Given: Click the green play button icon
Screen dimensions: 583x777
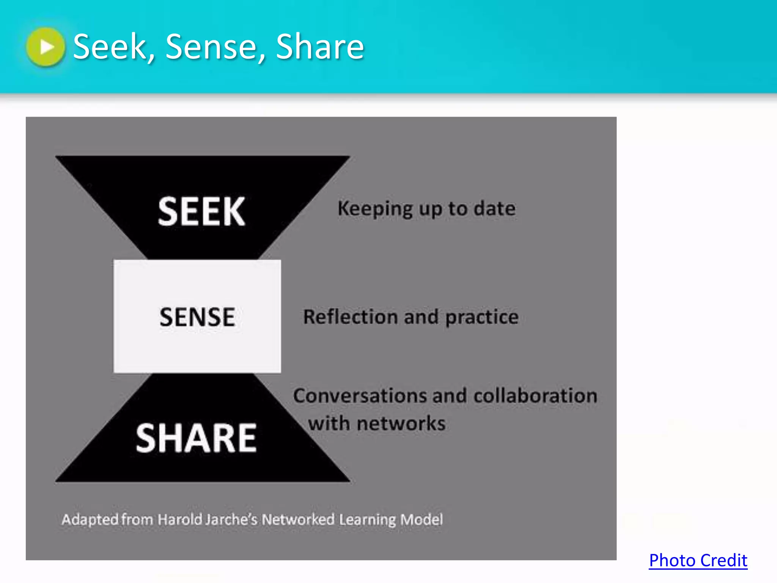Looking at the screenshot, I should click(46, 47).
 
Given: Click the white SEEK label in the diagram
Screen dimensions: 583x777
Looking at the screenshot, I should click(201, 211).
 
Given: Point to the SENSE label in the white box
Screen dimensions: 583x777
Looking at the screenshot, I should click(197, 317).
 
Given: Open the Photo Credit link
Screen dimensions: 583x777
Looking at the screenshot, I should click(698, 560).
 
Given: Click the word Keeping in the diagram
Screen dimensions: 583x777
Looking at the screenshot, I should click(375, 209).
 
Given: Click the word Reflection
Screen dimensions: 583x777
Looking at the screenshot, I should click(350, 317).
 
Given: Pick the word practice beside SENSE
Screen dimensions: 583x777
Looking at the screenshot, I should click(482, 317).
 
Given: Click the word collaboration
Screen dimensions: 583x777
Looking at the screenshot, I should click(535, 395).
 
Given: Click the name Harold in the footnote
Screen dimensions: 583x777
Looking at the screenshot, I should click(180, 519).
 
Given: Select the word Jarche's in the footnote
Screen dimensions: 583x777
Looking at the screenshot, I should click(231, 519).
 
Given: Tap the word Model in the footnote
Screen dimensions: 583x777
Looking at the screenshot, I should click(422, 519).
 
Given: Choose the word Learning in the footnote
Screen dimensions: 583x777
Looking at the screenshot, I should click(367, 519).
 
